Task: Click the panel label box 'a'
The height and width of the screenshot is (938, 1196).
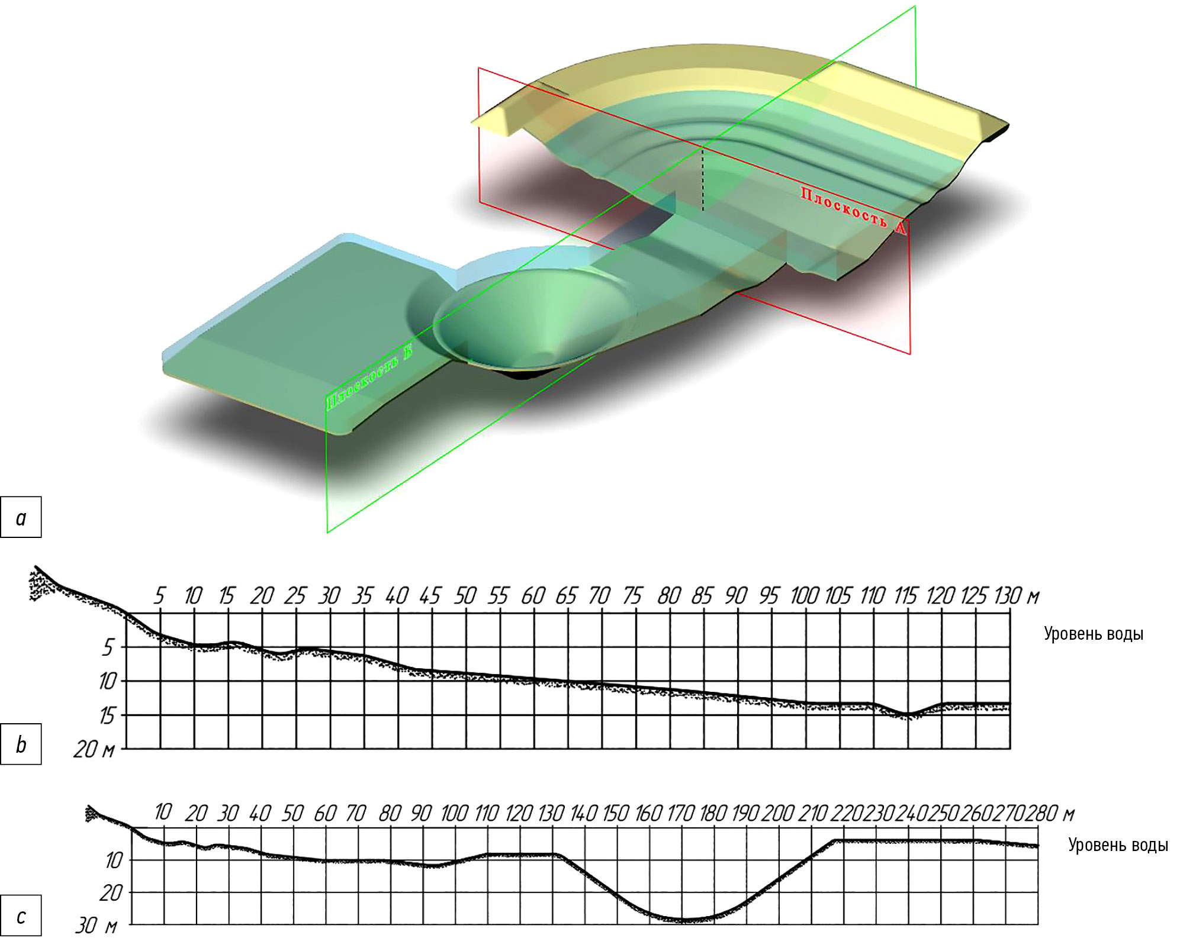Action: pos(21,517)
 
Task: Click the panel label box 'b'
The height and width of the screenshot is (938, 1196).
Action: pos(21,744)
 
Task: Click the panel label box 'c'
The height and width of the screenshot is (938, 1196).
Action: pos(21,916)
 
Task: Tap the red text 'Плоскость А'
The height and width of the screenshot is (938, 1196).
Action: pos(853,210)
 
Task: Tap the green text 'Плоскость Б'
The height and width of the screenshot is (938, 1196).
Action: pos(369,376)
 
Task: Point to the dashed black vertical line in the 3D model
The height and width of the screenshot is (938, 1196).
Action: pos(703,179)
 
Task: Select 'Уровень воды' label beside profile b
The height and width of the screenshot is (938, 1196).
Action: pos(1093,634)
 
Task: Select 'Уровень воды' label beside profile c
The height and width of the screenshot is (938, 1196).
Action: pos(1118,845)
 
